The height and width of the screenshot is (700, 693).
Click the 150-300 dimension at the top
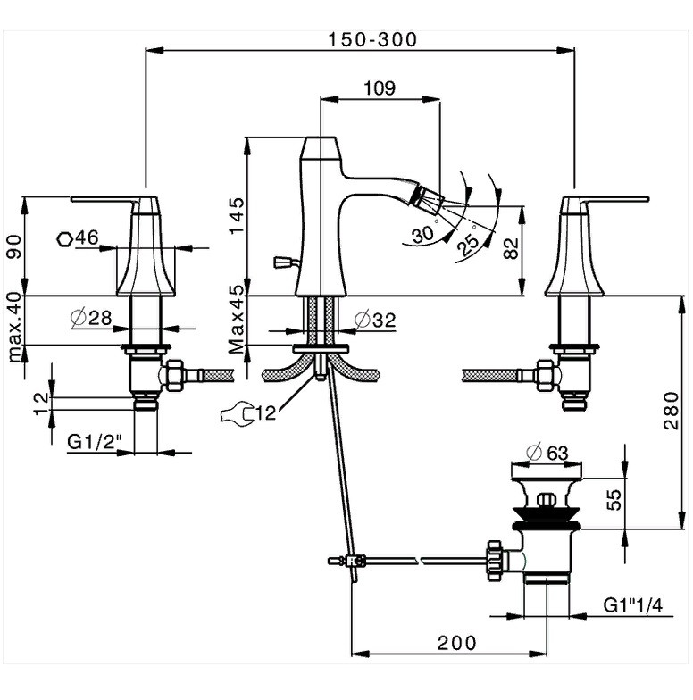(372, 39)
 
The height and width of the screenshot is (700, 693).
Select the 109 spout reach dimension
(380, 87)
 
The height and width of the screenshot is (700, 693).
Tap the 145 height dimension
(238, 216)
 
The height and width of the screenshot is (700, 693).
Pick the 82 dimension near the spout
(511, 248)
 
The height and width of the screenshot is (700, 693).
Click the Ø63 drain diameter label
(547, 454)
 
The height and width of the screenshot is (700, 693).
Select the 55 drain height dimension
(614, 500)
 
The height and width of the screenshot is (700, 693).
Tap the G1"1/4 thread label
(632, 605)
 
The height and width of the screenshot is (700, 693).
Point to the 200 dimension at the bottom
(457, 643)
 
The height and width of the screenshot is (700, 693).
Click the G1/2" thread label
(95, 442)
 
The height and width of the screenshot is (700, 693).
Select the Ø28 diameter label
(91, 318)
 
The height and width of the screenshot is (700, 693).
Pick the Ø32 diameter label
(375, 320)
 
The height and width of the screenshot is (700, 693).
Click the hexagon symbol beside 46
(64, 239)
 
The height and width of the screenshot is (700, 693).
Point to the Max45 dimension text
(238, 319)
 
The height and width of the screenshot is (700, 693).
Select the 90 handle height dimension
(16, 246)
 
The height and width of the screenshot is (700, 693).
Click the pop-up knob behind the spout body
(281, 262)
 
